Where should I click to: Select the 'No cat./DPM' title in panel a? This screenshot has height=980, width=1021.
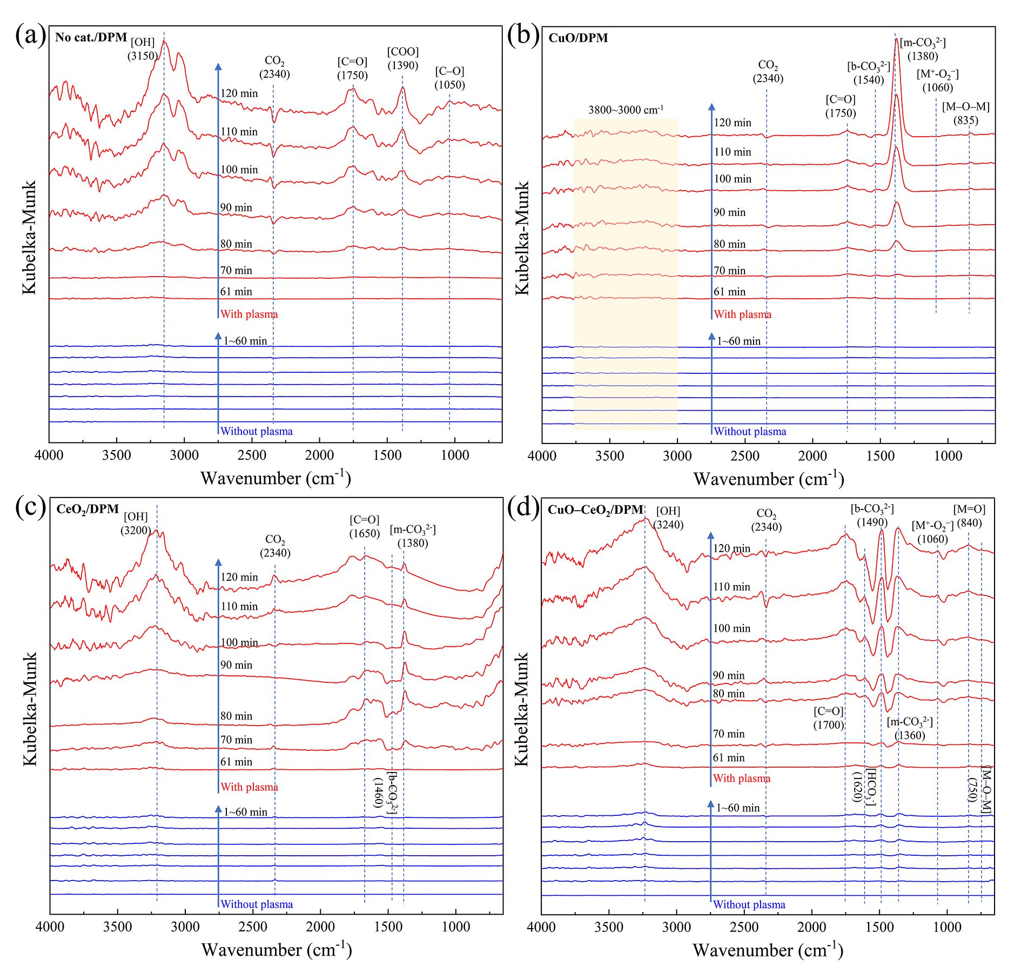coord(91,37)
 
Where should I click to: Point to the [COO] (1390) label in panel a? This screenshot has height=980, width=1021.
coord(402,58)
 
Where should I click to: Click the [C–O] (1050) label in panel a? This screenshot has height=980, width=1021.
coord(449,78)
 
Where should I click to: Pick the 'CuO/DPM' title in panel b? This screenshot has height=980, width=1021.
coord(578,38)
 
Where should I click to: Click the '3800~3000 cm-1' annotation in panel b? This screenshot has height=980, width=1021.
coord(626,110)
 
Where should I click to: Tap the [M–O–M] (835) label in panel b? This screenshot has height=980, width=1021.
coord(965,113)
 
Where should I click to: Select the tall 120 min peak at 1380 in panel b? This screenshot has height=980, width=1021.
coord(896,41)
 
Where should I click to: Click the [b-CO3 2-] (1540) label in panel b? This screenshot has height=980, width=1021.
coord(868,73)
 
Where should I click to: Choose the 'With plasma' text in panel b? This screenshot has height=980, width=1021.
coord(742,314)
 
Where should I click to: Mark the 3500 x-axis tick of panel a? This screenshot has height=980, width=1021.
coord(117,455)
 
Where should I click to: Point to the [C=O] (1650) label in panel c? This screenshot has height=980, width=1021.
coord(364,526)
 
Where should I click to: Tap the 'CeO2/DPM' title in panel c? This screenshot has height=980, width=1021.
coord(88,509)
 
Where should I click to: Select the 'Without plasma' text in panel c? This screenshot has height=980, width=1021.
coord(257,904)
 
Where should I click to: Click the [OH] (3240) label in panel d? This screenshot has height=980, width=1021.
coord(668,518)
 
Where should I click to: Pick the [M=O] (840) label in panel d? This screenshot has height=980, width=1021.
coord(969,516)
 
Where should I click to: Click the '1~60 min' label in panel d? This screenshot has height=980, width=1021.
coord(738,808)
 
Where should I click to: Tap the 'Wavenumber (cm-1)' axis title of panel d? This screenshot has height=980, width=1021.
coord(768,950)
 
